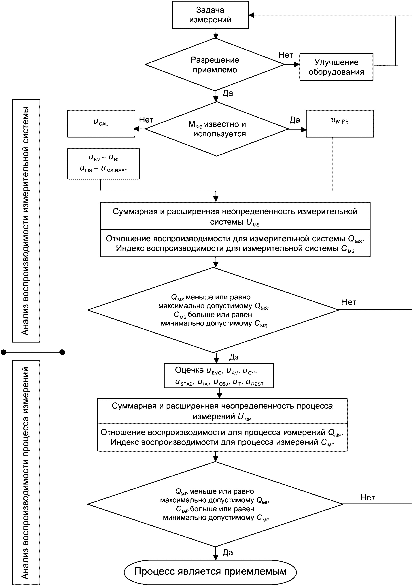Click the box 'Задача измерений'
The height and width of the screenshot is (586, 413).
tap(210, 15)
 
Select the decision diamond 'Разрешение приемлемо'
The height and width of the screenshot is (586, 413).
tap(215, 65)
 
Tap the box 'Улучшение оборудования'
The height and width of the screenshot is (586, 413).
tap(336, 67)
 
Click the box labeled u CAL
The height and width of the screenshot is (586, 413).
tap(101, 124)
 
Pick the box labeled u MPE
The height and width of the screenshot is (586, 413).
tap(340, 124)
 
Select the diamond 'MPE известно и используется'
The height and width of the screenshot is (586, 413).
tap(216, 129)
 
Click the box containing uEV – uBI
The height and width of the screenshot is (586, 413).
tap(103, 164)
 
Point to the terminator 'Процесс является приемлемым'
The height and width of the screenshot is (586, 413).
tap(210, 572)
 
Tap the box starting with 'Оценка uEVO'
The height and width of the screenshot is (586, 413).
tap(219, 376)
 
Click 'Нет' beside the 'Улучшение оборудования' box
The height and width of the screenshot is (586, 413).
tap(286, 55)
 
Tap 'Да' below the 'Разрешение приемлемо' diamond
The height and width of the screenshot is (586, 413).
tap(228, 93)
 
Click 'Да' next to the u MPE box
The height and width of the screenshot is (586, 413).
tap(294, 120)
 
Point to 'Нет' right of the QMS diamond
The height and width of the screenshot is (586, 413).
tap(349, 302)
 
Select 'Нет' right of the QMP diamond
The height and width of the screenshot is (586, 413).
tap(368, 497)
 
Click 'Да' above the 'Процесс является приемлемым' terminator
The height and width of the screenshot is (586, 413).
tap(228, 552)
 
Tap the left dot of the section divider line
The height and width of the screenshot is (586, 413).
tap(4, 352)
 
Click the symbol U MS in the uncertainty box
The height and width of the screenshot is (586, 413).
tap(253, 222)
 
